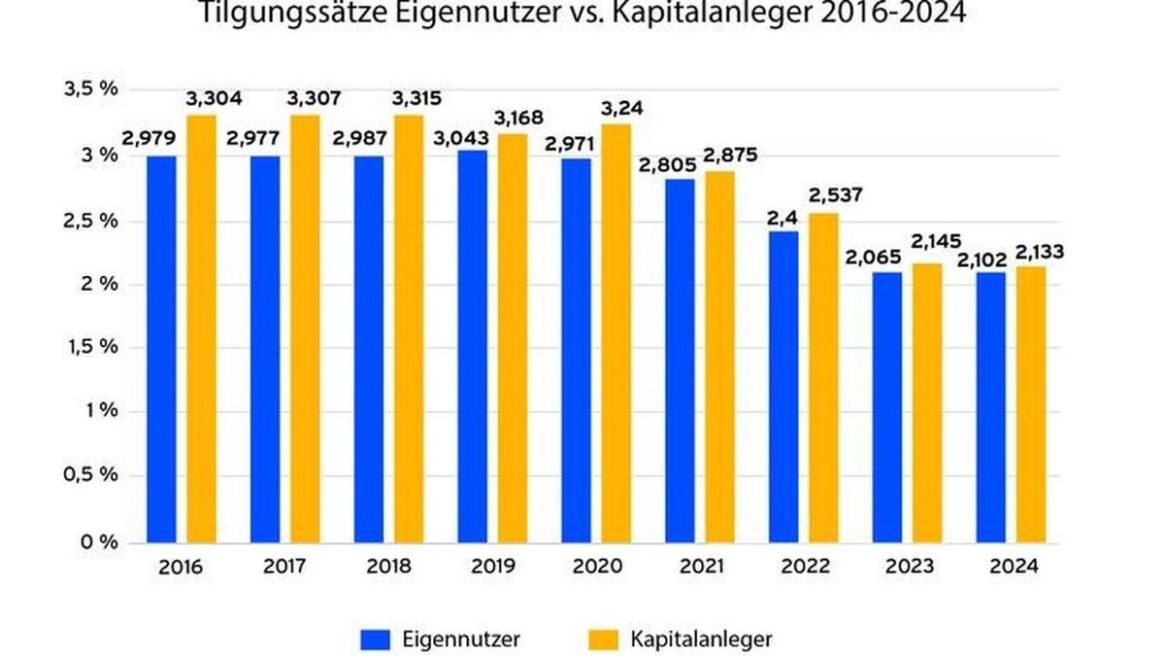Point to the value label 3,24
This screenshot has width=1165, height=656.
[x=616, y=108]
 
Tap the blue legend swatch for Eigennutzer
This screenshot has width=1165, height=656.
[x=374, y=639]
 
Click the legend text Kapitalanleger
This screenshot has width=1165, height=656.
[x=701, y=639]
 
